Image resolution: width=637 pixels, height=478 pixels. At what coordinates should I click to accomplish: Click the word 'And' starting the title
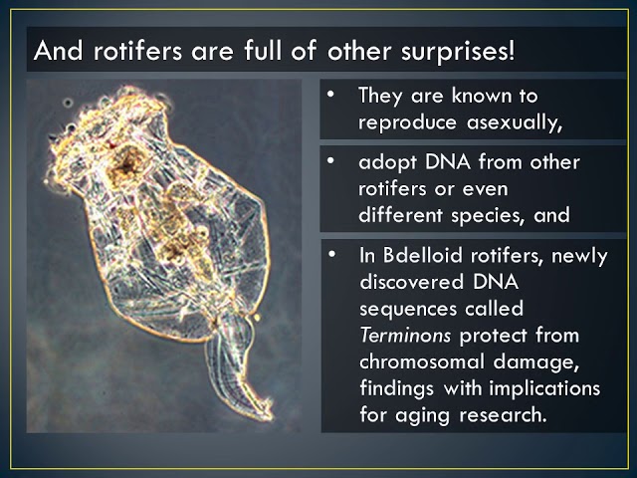tap(57, 51)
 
